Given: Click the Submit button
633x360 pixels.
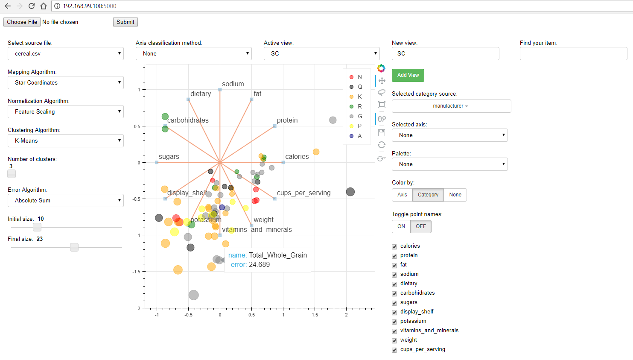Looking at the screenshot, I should pyautogui.click(x=125, y=22).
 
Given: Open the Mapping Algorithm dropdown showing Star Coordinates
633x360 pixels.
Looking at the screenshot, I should pyautogui.click(x=66, y=82).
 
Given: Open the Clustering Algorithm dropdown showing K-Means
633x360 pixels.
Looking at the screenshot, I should pyautogui.click(x=66, y=140).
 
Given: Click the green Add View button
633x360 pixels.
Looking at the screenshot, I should pyautogui.click(x=408, y=75).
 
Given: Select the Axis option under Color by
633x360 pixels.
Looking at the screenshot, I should pyautogui.click(x=402, y=195).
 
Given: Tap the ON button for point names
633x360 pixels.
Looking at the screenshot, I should pyautogui.click(x=401, y=226).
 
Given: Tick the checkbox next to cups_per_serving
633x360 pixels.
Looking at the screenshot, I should pyautogui.click(x=394, y=350).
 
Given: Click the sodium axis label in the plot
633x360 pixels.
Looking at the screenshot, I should pyautogui.click(x=233, y=84).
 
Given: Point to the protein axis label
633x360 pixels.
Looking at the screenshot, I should pyautogui.click(x=287, y=120).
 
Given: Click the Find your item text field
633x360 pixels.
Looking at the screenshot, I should pyautogui.click(x=573, y=54).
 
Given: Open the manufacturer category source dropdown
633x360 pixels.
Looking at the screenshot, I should pyautogui.click(x=451, y=106).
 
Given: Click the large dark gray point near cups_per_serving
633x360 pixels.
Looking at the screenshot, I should pyautogui.click(x=350, y=192).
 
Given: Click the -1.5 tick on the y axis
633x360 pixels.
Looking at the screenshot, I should pyautogui.click(x=137, y=272).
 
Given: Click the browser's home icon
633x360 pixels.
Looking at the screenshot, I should pyautogui.click(x=44, y=6).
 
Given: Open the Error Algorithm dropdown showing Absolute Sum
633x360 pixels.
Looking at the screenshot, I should pyautogui.click(x=66, y=200).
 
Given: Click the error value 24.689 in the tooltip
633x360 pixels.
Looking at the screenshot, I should pyautogui.click(x=260, y=265).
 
